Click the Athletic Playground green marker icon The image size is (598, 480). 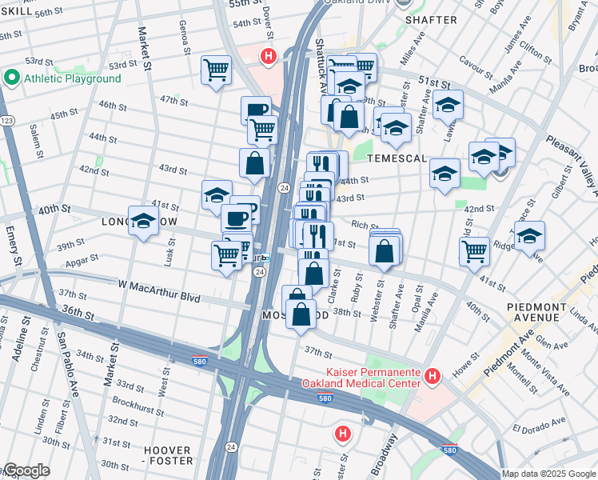11,78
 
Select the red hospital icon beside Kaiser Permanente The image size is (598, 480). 433,374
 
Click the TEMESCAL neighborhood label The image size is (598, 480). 397,159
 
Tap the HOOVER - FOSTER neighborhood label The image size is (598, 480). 168,455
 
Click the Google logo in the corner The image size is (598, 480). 26,470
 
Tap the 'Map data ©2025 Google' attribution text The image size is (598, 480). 548,474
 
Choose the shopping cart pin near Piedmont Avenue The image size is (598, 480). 474,249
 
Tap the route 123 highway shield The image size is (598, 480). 7,120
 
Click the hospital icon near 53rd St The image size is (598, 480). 269,57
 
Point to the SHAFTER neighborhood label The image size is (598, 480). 431,19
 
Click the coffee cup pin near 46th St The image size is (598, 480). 256,110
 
